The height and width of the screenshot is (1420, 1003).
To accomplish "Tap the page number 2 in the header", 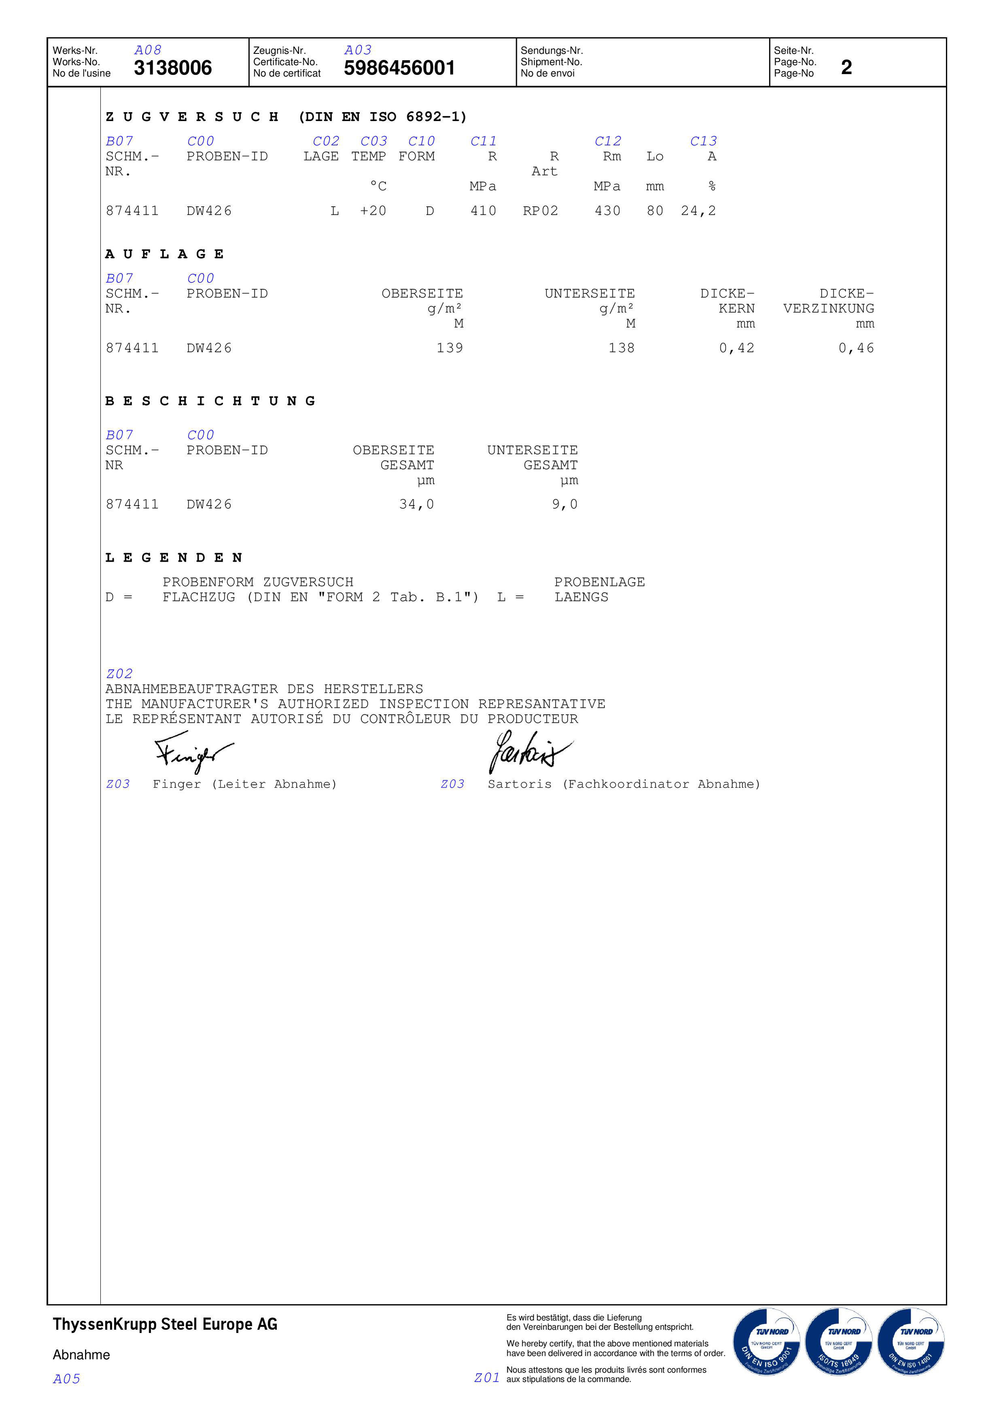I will click(x=846, y=67).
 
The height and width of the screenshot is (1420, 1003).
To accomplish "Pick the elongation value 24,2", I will click(x=698, y=211).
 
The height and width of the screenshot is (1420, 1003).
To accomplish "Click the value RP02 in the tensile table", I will click(x=540, y=211).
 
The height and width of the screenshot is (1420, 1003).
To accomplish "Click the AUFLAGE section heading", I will click(x=164, y=254).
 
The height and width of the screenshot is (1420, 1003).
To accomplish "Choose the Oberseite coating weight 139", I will click(x=450, y=348).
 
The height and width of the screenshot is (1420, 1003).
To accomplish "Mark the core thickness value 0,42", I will click(x=737, y=348).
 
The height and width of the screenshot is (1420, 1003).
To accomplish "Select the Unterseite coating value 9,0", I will click(x=565, y=505).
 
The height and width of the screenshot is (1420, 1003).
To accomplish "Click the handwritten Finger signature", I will click(x=192, y=752).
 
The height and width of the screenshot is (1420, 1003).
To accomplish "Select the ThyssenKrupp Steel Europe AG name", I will click(x=165, y=1324).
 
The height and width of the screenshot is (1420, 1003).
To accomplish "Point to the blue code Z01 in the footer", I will click(x=487, y=1377).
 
